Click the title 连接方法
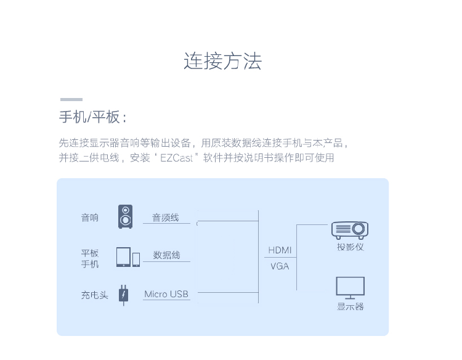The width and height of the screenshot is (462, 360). pyautogui.click(x=222, y=62)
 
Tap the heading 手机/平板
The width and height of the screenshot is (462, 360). pyautogui.click(x=92, y=117)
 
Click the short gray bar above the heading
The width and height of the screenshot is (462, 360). pyautogui.click(x=71, y=99)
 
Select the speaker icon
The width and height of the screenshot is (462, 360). pyautogui.click(x=125, y=217)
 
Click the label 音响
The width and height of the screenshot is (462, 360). pyautogui.click(x=90, y=218)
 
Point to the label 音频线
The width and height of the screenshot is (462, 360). pyautogui.click(x=166, y=218)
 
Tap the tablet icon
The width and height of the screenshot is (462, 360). pyautogui.click(x=123, y=257)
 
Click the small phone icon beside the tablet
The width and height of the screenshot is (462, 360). pyautogui.click(x=136, y=260)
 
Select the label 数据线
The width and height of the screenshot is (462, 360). pyautogui.click(x=166, y=255)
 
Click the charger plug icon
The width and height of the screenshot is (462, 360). pyautogui.click(x=124, y=295)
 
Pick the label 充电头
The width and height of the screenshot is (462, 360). pyautogui.click(x=94, y=295)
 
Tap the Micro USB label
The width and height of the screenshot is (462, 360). pyautogui.click(x=166, y=294)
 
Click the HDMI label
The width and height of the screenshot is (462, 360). pyautogui.click(x=280, y=250)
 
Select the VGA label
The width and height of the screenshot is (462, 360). pyautogui.click(x=280, y=266)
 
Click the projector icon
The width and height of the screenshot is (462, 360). pyautogui.click(x=349, y=230)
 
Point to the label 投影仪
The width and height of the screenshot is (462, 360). pyautogui.click(x=350, y=247)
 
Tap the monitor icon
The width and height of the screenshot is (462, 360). pyautogui.click(x=350, y=288)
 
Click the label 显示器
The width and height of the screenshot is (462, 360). pyautogui.click(x=350, y=306)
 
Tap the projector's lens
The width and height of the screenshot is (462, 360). pyautogui.click(x=359, y=229)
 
